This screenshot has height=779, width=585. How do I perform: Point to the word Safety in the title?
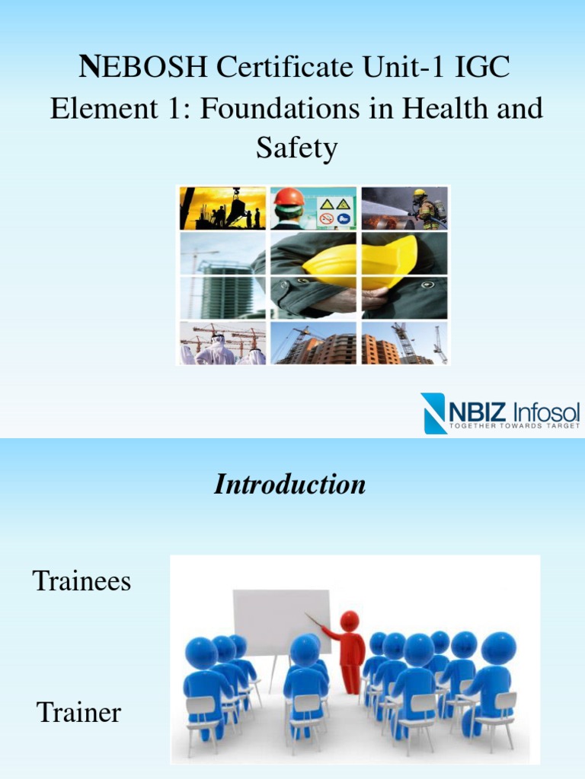(x=296, y=148)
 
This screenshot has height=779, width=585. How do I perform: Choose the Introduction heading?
(x=289, y=484)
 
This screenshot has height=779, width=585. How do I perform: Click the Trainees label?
(x=82, y=582)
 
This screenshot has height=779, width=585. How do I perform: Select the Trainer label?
(x=78, y=713)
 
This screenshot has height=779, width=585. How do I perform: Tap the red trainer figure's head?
(x=349, y=621)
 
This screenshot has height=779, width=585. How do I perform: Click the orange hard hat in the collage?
(x=289, y=198)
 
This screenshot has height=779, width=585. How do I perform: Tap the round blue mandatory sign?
(x=344, y=219)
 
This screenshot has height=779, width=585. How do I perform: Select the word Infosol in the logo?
(x=546, y=412)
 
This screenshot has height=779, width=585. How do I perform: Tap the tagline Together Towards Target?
(x=514, y=426)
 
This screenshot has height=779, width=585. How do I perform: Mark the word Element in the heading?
(x=97, y=108)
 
